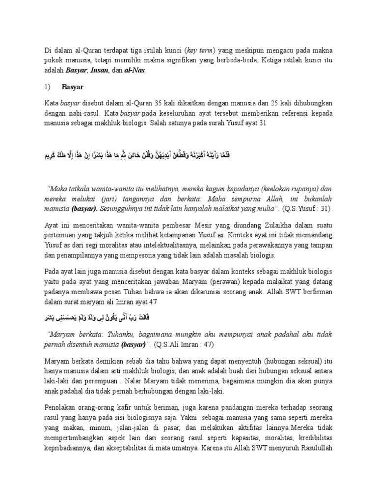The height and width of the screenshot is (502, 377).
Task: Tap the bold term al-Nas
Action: point(135,70)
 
